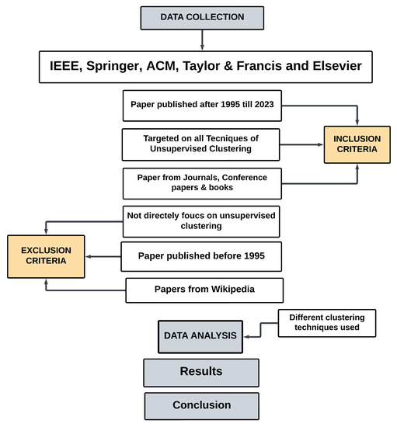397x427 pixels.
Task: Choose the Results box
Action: (200, 371)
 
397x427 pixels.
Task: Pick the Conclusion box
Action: (200, 404)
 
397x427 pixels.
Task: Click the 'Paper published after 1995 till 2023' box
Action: (200, 105)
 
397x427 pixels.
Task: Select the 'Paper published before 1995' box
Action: (200, 255)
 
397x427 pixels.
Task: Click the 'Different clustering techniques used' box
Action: (326, 323)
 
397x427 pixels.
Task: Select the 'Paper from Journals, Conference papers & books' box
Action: (200, 183)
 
